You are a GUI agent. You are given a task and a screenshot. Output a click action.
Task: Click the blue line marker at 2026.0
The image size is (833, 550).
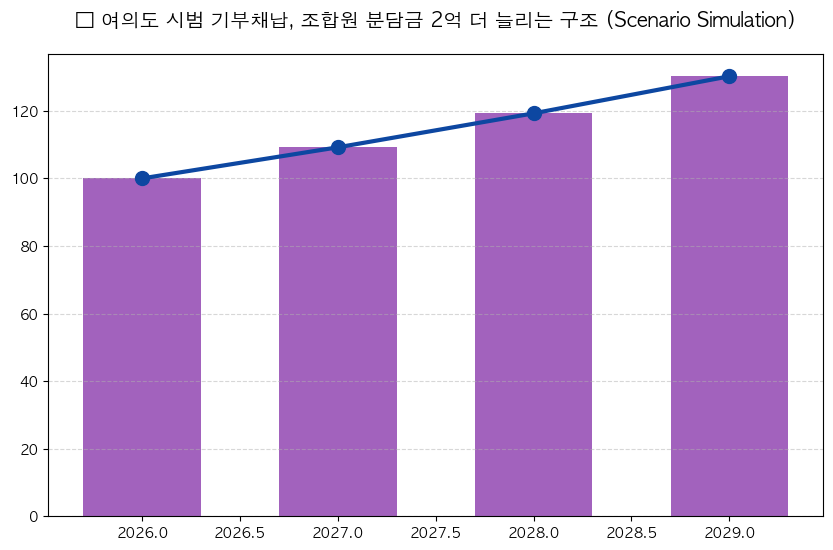tap(142, 178)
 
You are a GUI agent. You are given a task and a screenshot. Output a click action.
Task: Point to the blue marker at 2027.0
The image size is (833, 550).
tap(338, 147)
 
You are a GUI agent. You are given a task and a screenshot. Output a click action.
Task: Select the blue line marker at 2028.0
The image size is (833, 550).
tap(534, 113)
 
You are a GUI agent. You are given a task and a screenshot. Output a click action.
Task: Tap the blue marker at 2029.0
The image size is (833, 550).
tap(729, 76)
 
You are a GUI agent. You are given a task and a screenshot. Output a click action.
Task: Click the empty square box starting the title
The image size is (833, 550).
tap(84, 20)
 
